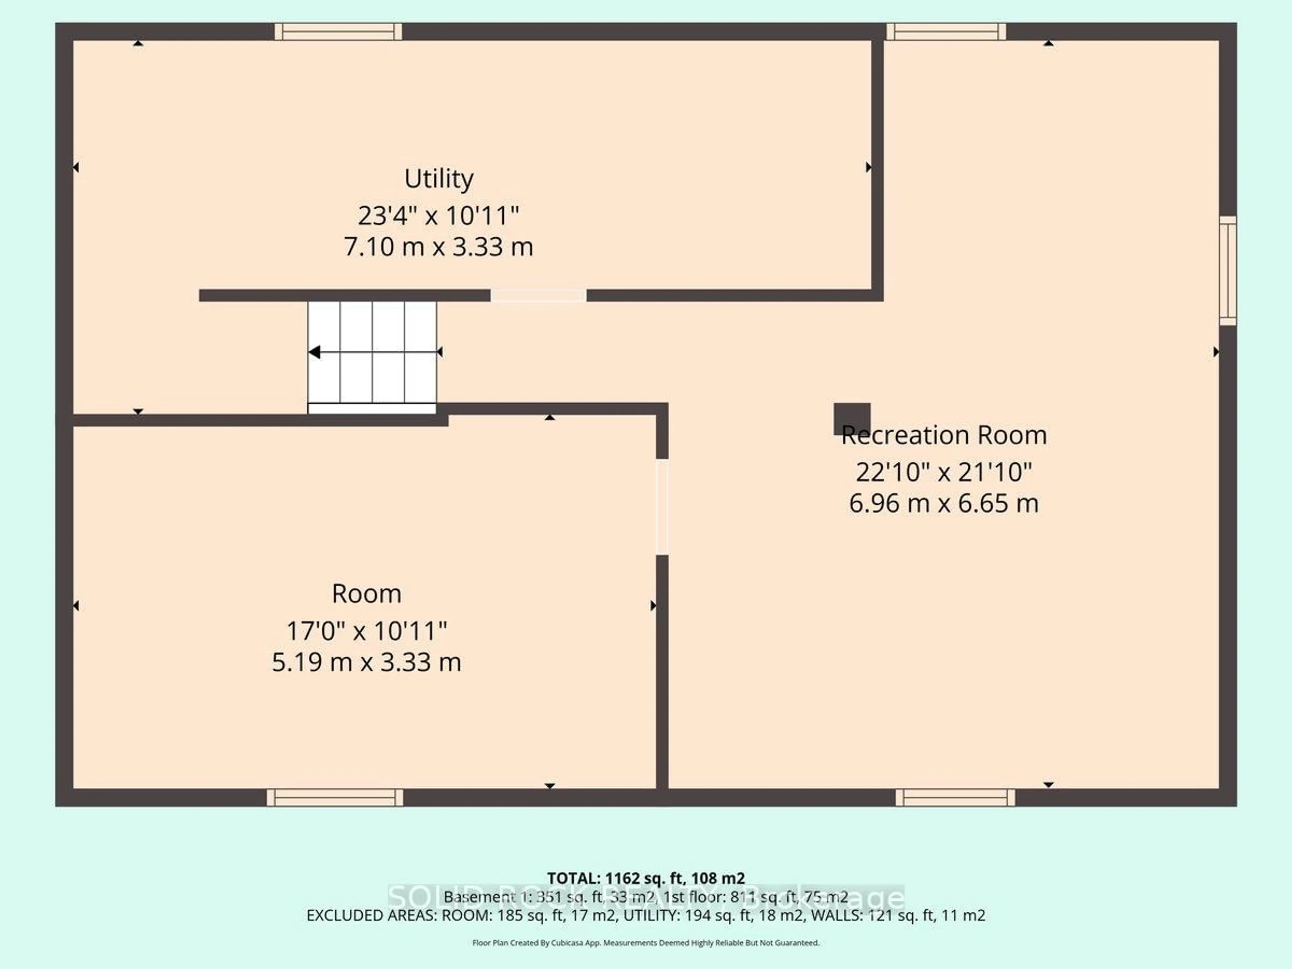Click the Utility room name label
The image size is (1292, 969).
(x=439, y=179)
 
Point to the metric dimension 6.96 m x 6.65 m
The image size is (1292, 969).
(x=944, y=503)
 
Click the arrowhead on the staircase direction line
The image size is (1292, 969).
(x=314, y=352)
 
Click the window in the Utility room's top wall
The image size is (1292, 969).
(x=338, y=32)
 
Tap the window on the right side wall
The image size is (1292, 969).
(x=1228, y=271)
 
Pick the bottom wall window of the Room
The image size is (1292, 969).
(x=335, y=797)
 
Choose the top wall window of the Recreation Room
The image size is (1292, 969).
(x=946, y=32)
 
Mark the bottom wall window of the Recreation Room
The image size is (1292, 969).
(x=955, y=797)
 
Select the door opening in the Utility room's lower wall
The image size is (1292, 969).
(x=538, y=295)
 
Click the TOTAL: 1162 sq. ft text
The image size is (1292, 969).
(x=645, y=878)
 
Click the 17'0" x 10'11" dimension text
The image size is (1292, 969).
(x=366, y=631)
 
